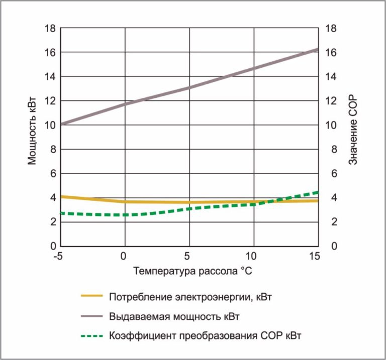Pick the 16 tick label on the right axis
point(331,52)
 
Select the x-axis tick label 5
point(189,257)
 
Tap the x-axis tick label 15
point(316,257)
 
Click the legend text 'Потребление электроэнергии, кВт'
point(191,297)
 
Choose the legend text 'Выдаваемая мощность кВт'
point(174,317)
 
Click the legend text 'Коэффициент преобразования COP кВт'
point(206,335)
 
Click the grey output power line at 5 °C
point(189,88)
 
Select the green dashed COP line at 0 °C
point(125,215)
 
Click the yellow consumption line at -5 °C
point(61,196)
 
